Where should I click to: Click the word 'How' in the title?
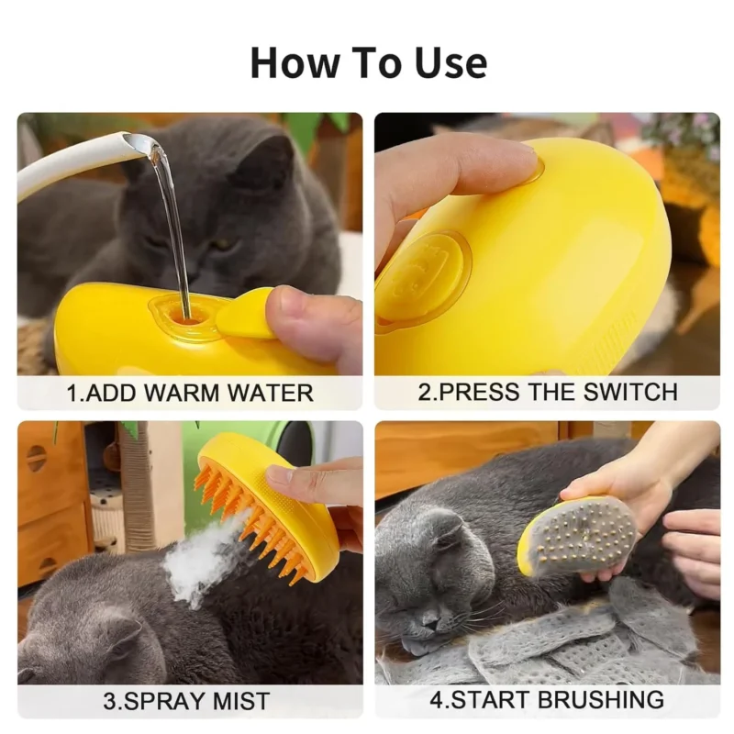289,62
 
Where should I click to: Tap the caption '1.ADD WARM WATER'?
190,394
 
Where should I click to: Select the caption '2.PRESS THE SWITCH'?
548,392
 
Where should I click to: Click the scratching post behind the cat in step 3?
138,495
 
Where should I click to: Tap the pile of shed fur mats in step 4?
550,642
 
